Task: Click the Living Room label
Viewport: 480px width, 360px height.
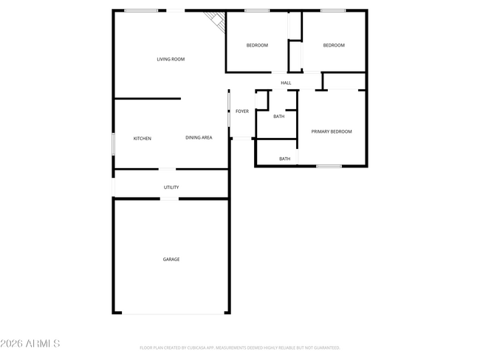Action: (171, 59)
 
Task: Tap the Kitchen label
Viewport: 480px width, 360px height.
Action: (143, 138)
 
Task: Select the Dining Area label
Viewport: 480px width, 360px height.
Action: (199, 137)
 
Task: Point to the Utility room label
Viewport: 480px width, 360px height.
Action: (171, 187)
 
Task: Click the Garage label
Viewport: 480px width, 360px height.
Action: (171, 259)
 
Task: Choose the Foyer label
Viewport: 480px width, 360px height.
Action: (242, 111)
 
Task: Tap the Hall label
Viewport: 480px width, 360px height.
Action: (286, 83)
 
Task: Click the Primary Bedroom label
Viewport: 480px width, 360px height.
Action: (331, 131)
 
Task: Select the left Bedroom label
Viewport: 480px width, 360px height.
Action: (257, 45)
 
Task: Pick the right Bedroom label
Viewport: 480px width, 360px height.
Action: (334, 45)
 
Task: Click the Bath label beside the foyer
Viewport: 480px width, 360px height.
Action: (279, 116)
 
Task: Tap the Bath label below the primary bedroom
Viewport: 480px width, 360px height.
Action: (284, 159)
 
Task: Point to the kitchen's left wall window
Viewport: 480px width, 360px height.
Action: (113, 143)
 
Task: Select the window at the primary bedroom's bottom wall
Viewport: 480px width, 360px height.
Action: (329, 166)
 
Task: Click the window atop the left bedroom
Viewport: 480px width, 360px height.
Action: (256, 10)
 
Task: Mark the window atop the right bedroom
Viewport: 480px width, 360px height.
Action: (333, 10)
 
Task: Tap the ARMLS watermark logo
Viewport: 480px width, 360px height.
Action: (30, 344)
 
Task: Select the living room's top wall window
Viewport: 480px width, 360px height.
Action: (140, 10)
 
